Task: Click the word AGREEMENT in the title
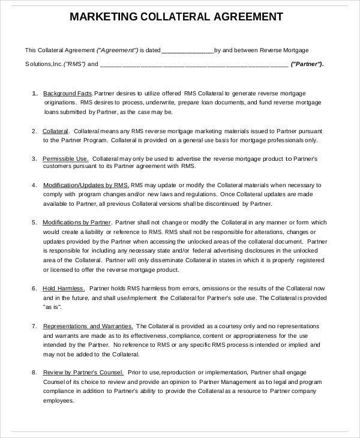[248, 17]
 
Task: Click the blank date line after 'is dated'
[188, 50]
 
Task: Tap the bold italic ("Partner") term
[307, 64]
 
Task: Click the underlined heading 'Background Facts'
[67, 94]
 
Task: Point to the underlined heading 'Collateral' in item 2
[56, 131]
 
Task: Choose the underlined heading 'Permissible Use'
[65, 158]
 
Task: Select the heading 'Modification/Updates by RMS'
[85, 186]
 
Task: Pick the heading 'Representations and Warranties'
[88, 326]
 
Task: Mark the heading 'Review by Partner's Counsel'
[83, 372]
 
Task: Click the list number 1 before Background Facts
[34, 94]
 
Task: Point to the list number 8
[34, 372]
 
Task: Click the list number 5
[34, 223]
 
